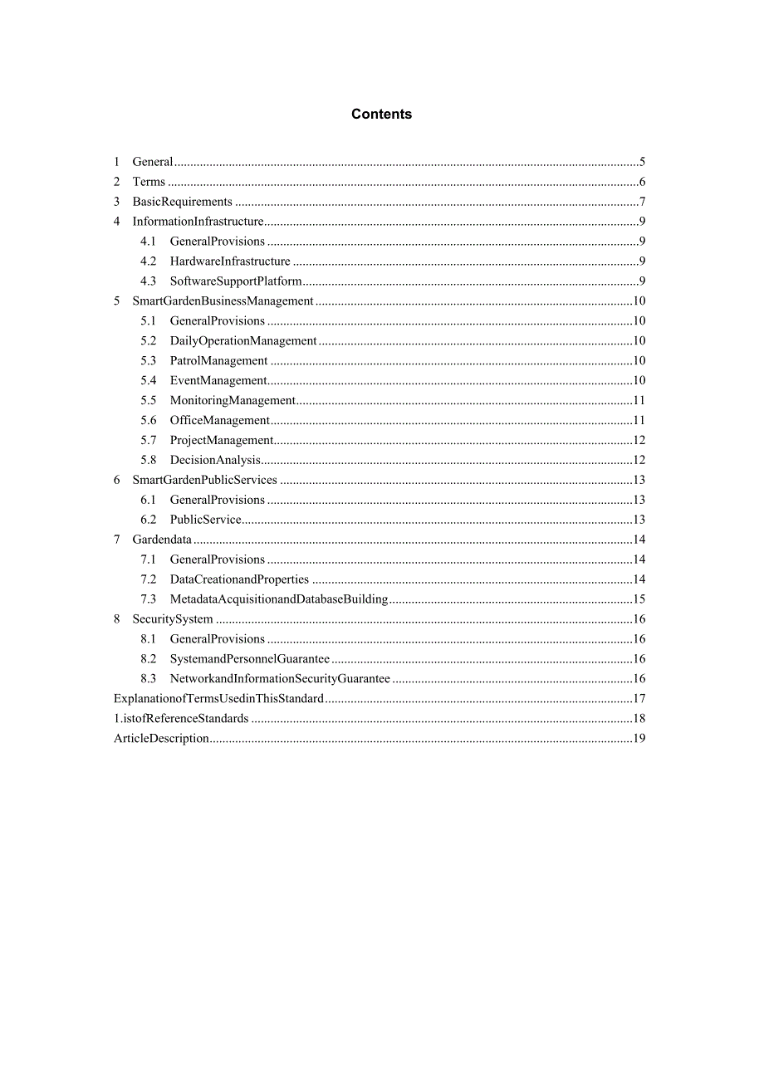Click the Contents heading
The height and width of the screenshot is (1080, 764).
(381, 115)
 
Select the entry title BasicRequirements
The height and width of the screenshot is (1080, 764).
(182, 202)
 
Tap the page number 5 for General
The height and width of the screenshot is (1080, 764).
(643, 162)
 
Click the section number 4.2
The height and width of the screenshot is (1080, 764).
(148, 261)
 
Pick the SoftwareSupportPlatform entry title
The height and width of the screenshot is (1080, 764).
(236, 281)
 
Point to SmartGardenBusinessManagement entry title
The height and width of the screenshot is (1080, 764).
(223, 301)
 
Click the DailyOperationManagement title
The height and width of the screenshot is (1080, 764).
(243, 341)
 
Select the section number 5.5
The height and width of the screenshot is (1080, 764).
(148, 400)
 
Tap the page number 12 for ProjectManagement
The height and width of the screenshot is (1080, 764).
(639, 440)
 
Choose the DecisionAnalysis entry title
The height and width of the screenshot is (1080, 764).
(215, 460)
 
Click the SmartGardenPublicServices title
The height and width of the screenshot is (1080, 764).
(204, 480)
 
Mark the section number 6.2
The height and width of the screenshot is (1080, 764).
(148, 520)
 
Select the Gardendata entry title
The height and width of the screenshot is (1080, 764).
(162, 540)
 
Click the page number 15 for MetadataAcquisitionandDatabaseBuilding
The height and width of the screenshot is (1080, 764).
(639, 599)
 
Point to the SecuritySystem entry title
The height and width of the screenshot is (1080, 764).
(173, 619)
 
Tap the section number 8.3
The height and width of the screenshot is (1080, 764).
(148, 679)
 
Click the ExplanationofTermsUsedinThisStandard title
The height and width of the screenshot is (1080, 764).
(218, 699)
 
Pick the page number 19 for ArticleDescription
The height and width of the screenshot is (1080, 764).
(639, 739)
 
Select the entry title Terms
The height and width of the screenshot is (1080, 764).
(149, 182)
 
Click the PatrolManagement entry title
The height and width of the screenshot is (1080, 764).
(218, 361)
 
